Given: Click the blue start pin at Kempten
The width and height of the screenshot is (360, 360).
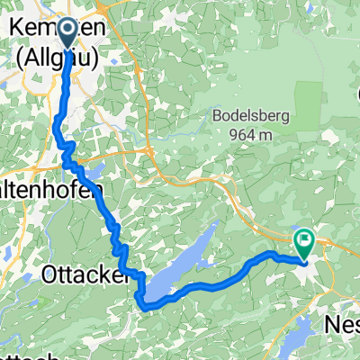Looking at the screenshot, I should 69,34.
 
